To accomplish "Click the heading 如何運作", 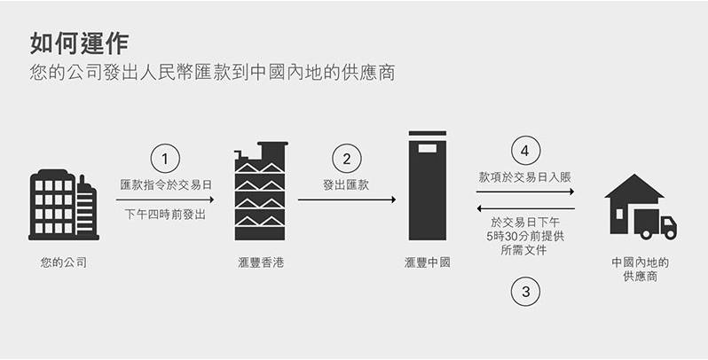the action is (80, 43).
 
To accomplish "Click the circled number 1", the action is (165, 159).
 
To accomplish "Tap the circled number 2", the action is (347, 159).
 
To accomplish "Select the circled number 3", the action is (525, 292).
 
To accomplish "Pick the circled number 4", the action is (525, 150).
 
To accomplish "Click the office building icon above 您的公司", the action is (64, 205).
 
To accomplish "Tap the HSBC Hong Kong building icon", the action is (261, 191).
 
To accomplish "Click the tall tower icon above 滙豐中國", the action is (427, 185).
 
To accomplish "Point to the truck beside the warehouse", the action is (655, 224).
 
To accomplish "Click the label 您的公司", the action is (64, 262).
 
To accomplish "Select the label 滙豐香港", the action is (261, 262).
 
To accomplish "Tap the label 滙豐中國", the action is (428, 262).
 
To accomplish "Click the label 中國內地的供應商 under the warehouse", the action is (641, 270).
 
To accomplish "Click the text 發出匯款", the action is (346, 184).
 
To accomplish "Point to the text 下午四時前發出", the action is (165, 215).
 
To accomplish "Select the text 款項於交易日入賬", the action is (525, 176).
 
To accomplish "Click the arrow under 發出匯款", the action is (347, 200).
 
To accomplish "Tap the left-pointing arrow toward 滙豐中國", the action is (525, 208).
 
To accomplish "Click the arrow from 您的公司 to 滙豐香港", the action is (165, 200).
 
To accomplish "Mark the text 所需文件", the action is (524, 250).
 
